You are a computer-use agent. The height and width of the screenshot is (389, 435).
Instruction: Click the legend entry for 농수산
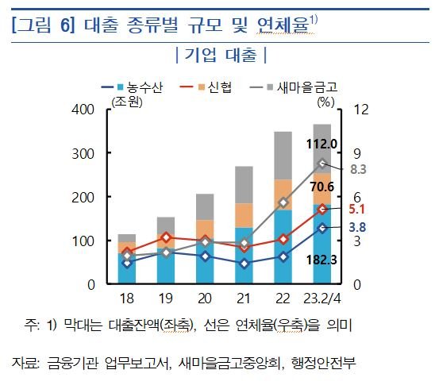140,88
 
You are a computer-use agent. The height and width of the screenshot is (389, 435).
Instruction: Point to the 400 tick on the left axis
83,110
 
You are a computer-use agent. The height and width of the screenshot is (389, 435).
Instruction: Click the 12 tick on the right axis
358,110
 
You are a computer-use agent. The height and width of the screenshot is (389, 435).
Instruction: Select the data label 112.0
323,144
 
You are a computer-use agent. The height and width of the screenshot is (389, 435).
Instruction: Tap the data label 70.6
323,187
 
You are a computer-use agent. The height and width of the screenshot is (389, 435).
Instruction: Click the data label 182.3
323,259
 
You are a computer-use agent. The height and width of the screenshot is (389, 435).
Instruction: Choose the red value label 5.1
356,210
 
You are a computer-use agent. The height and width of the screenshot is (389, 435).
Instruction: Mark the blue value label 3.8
356,228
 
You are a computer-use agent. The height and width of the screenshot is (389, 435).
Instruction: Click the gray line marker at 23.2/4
322,164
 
